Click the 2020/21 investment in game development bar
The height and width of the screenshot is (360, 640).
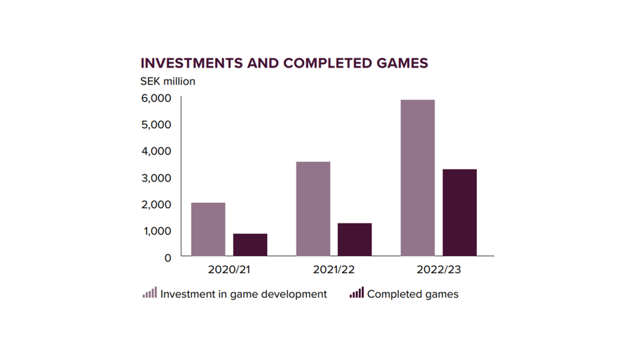[x=208, y=230]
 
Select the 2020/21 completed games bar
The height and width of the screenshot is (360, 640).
[x=250, y=245]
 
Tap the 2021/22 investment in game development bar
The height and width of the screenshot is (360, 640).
[x=313, y=209]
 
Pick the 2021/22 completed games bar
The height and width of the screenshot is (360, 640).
[x=354, y=240]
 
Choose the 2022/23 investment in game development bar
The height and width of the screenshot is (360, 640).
[x=418, y=178]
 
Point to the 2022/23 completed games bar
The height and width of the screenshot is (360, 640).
[x=460, y=212]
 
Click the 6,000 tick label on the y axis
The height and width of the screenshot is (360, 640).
[x=156, y=98]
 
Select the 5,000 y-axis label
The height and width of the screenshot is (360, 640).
[x=156, y=124]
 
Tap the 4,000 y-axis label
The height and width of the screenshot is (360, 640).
[x=156, y=151]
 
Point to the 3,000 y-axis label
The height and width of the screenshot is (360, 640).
[x=156, y=178]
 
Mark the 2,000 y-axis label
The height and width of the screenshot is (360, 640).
[x=156, y=204]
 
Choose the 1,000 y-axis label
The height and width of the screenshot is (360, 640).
[x=156, y=231]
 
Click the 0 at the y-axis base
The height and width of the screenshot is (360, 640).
[x=167, y=258]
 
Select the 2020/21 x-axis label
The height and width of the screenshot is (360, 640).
[x=229, y=270]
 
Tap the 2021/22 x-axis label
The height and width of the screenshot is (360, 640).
[x=334, y=270]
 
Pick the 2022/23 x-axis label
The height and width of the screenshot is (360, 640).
[x=439, y=270]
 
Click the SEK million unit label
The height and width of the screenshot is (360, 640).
[x=168, y=81]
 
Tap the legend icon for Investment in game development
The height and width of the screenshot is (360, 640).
[x=150, y=293]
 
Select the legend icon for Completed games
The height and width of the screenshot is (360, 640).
[x=357, y=293]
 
